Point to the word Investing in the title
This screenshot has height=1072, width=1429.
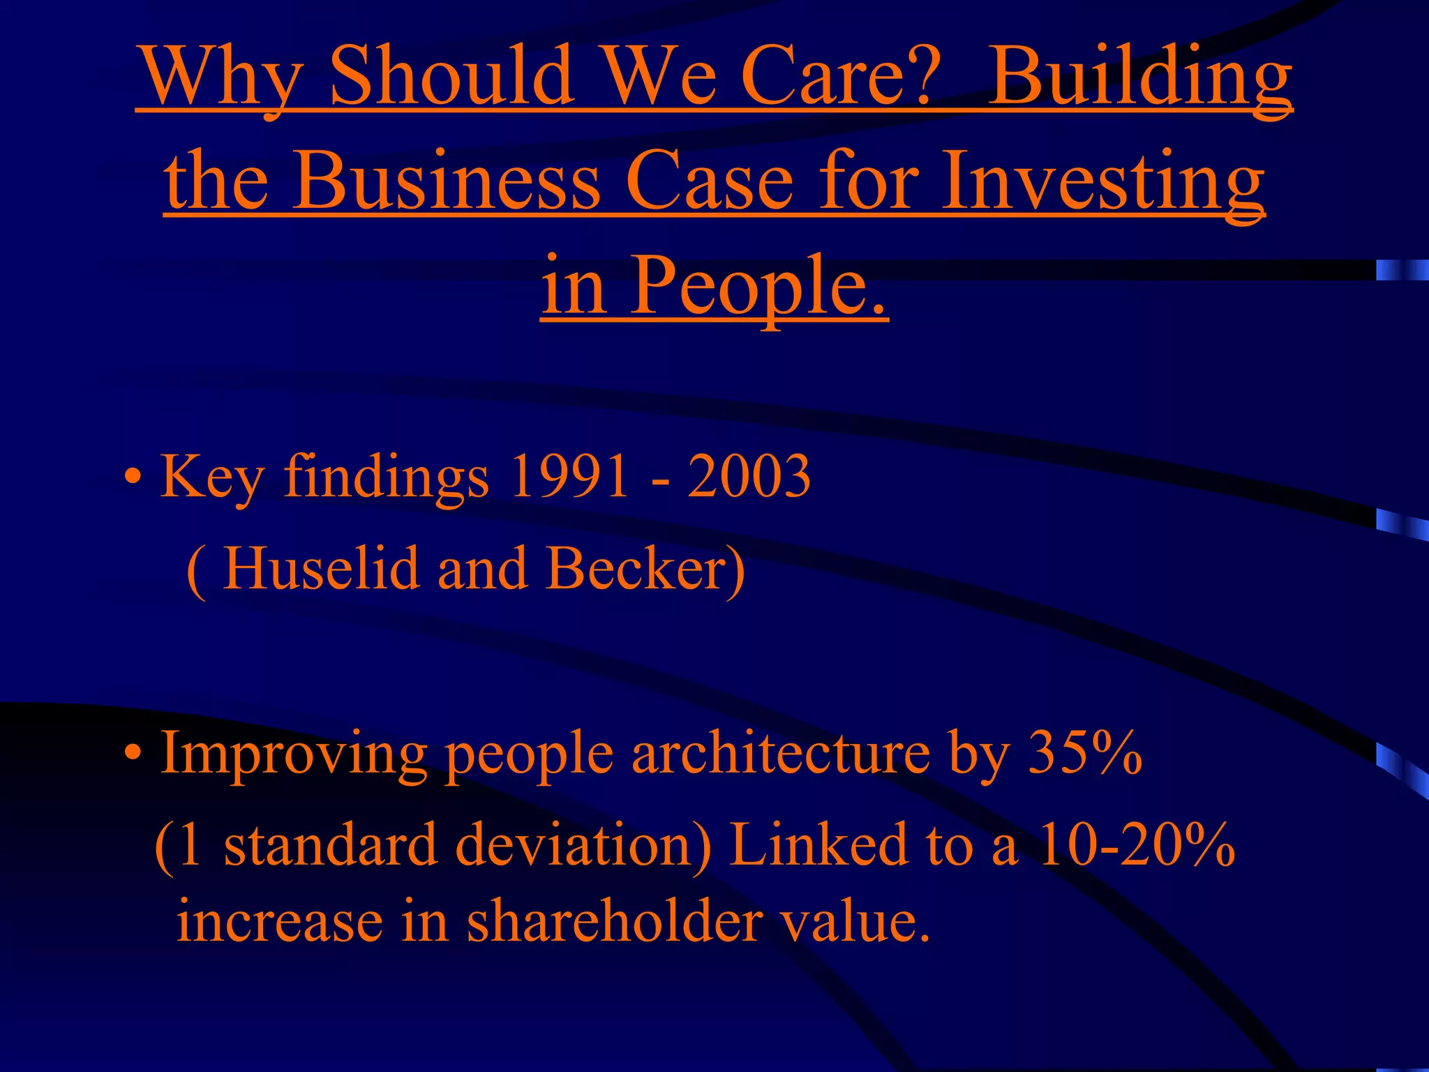click(1102, 181)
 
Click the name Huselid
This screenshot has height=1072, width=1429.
click(321, 568)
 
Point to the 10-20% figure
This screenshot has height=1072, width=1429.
click(1137, 845)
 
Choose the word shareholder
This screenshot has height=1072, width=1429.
click(613, 922)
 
